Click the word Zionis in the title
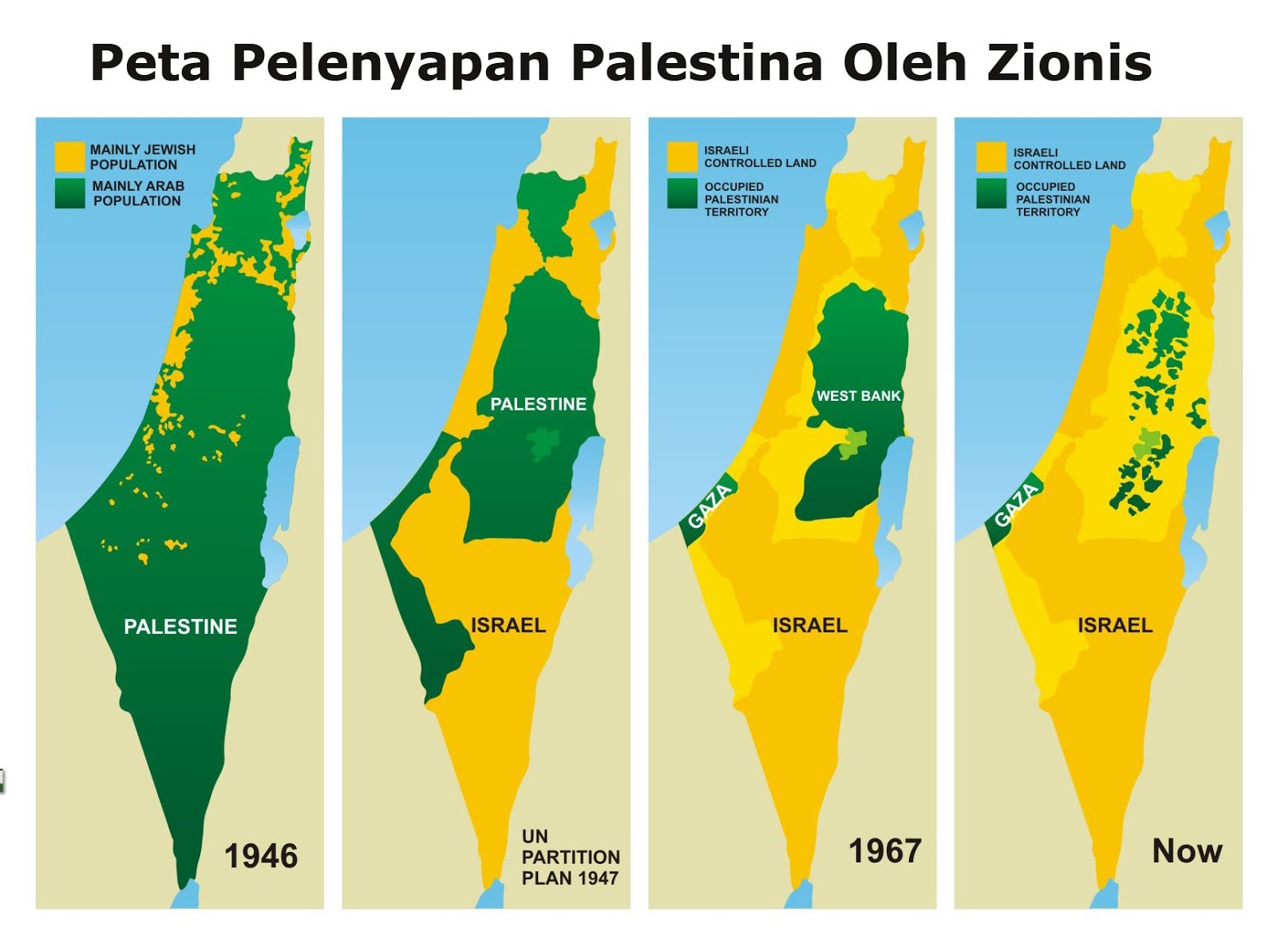point(1069,62)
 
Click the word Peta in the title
point(150,64)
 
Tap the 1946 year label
point(261,856)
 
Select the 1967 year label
point(884,851)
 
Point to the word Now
point(1187,851)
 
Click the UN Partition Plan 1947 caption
point(570,858)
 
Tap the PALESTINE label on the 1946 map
point(180,627)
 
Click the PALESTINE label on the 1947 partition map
point(538,404)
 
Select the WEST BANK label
point(858,396)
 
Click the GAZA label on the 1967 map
point(710,506)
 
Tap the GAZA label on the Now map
point(1016,505)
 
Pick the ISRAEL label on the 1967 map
point(809,625)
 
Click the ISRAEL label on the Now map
point(1115,625)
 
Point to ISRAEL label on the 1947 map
point(508,625)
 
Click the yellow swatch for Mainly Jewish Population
point(69,157)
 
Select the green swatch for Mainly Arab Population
point(69,193)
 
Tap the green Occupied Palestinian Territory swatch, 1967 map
point(682,194)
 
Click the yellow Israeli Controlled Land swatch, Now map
point(990,157)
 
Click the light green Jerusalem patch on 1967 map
point(852,442)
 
